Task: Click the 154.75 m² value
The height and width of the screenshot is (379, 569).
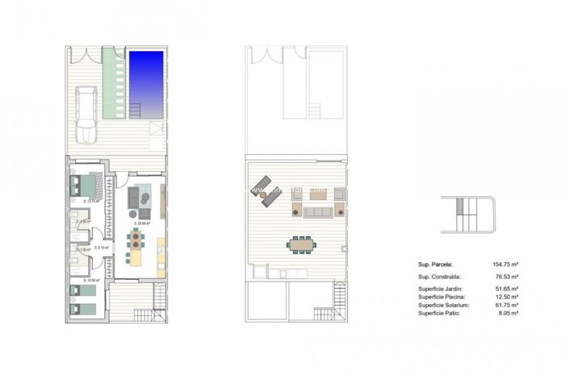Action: [502, 263]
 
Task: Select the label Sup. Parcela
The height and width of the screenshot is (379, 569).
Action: [435, 263]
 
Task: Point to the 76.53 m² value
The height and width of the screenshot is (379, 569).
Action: [504, 275]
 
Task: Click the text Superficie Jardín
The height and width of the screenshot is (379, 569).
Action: [440, 288]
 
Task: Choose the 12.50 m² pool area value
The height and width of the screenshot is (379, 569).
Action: [504, 297]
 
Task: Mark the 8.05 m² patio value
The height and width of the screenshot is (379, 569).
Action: [505, 314]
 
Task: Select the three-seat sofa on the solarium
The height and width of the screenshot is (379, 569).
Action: [317, 211]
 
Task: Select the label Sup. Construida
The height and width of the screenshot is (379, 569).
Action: [438, 275]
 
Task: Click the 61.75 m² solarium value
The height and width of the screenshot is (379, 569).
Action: [504, 306]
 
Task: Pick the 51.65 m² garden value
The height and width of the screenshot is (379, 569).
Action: [504, 288]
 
